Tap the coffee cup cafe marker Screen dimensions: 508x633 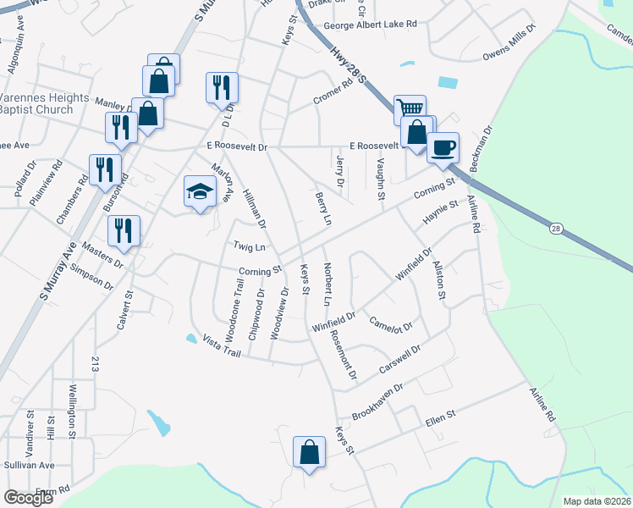point(443,148)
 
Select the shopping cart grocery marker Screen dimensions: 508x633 point(410,109)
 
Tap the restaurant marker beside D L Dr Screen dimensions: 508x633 point(222,87)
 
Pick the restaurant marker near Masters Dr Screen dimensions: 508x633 point(124,230)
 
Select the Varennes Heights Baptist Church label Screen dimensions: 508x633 point(44,103)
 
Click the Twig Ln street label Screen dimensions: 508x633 point(250,246)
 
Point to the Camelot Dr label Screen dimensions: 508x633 point(391,324)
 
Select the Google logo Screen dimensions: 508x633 point(28,498)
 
